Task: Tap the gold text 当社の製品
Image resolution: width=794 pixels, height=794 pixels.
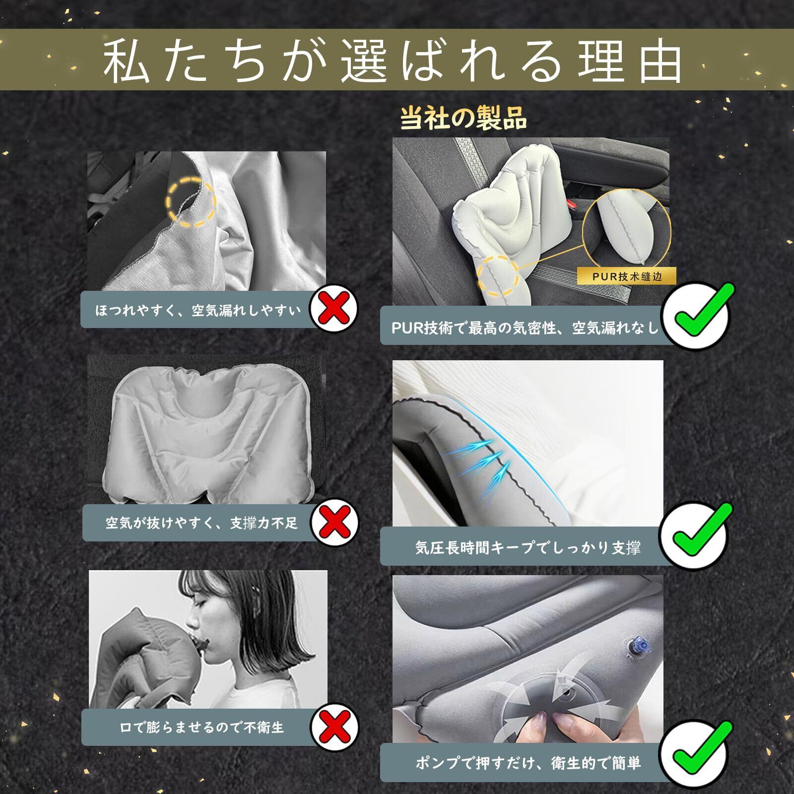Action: [x=463, y=119]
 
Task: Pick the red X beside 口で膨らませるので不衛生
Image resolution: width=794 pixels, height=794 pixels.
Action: [x=334, y=728]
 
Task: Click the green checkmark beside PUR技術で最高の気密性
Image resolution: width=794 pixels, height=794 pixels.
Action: [x=697, y=314]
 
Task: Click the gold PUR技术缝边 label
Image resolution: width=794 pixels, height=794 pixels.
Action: [x=627, y=276]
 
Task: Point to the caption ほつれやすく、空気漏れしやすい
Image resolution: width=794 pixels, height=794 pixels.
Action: [x=198, y=311]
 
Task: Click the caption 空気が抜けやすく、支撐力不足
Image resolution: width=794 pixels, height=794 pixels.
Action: [x=201, y=523]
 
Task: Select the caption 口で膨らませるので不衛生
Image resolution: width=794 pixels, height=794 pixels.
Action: [x=201, y=728]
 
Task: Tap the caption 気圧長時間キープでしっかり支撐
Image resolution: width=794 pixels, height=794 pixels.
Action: [x=528, y=547]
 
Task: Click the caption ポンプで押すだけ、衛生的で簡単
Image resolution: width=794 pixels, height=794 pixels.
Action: [x=528, y=763]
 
